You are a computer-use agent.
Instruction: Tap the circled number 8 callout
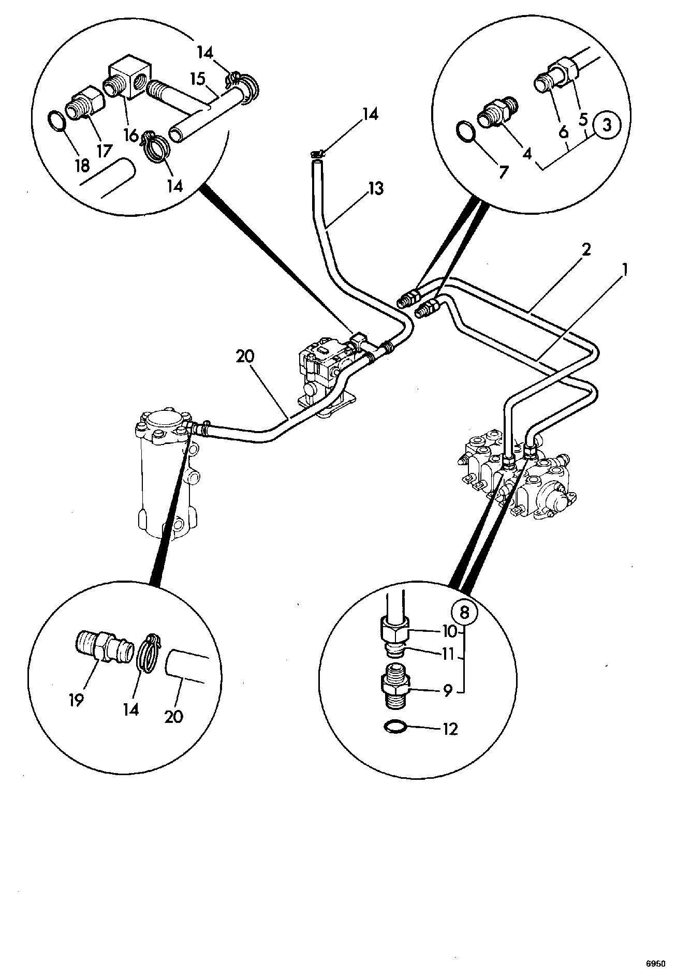coord(464,613)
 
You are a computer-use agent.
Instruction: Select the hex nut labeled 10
coord(395,629)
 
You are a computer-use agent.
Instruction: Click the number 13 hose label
coord(376,188)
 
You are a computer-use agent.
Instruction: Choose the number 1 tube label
coord(624,271)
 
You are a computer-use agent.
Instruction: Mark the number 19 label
coord(76,700)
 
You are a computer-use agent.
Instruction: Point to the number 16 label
coord(131,136)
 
